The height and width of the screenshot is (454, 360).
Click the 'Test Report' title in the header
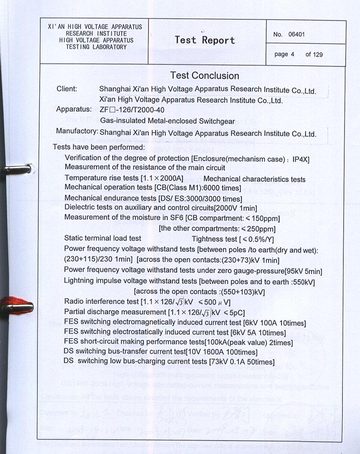205,40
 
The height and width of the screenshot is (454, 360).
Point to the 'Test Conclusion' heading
205,76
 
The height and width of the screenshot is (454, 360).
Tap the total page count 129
318,54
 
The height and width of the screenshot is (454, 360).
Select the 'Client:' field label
67,89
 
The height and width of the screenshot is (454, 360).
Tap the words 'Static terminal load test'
103,238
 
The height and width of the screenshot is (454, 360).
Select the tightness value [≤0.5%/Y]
258,239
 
